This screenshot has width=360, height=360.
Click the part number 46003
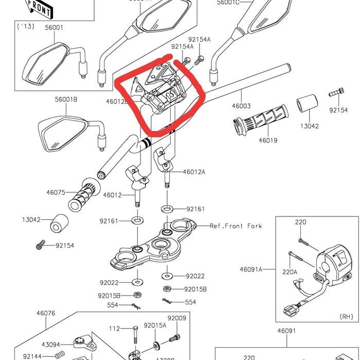(x=241, y=106)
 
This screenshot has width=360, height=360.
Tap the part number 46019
(x=267, y=139)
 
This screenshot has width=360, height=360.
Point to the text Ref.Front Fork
(x=236, y=226)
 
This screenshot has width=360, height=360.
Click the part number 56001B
(x=66, y=100)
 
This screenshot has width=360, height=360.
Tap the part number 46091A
(x=251, y=269)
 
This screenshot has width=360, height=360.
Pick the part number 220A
(x=290, y=272)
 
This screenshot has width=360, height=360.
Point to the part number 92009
(x=176, y=318)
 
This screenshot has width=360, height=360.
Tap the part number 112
(x=114, y=329)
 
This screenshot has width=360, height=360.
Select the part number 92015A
(x=155, y=325)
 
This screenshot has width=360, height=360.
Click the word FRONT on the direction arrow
(x=39, y=7)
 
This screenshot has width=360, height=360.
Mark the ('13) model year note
(x=26, y=26)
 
